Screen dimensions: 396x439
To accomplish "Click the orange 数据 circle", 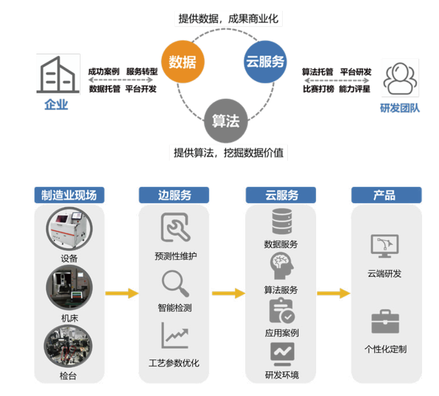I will coord(182,62).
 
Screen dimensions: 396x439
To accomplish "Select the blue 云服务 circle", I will coord(264,62).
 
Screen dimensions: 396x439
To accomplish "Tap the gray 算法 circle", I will coord(225,121).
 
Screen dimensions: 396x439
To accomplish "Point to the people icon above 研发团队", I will coord(400,78).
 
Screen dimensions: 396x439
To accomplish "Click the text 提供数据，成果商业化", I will coord(228,19).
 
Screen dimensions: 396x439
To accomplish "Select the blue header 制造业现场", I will coord(69,195).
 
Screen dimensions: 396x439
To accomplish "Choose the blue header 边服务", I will coord(174,195).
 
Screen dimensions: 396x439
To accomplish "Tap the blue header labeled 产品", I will coord(386,195).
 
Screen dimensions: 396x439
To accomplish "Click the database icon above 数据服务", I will coord(281,222).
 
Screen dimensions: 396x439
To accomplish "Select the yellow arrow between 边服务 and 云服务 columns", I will coord(228,293).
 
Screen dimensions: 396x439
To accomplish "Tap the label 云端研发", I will coord(385,274).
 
